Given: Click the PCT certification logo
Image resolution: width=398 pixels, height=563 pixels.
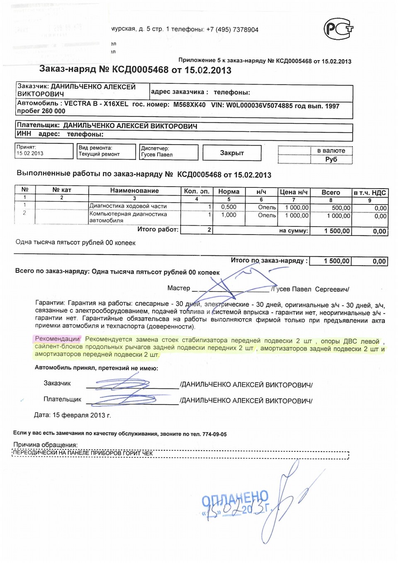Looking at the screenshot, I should [x=338, y=29].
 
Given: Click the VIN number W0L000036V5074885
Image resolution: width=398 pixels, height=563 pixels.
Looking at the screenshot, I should [x=259, y=105].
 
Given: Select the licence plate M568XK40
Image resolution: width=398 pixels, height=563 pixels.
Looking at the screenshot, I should [x=189, y=104].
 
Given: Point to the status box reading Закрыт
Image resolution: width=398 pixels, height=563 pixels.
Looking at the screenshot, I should [x=232, y=153].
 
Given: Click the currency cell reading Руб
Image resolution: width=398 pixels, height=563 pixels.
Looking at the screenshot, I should [x=331, y=159].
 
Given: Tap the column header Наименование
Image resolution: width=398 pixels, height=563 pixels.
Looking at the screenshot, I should [x=134, y=191].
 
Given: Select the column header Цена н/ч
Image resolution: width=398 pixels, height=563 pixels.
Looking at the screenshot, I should [x=294, y=192].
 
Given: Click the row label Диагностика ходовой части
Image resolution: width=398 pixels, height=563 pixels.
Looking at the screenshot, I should [x=128, y=206].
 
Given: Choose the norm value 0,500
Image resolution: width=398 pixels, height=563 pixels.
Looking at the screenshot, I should [x=228, y=207].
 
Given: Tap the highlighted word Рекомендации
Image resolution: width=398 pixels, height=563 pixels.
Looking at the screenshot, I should [x=57, y=339].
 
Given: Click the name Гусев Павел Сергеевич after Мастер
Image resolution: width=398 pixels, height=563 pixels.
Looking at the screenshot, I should [x=310, y=289].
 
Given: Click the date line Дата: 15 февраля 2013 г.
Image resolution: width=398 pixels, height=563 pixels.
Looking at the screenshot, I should [x=73, y=415].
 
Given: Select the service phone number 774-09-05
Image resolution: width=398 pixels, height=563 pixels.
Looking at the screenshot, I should [x=214, y=434].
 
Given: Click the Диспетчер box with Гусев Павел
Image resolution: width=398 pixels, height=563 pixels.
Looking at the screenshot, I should [x=169, y=152].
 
